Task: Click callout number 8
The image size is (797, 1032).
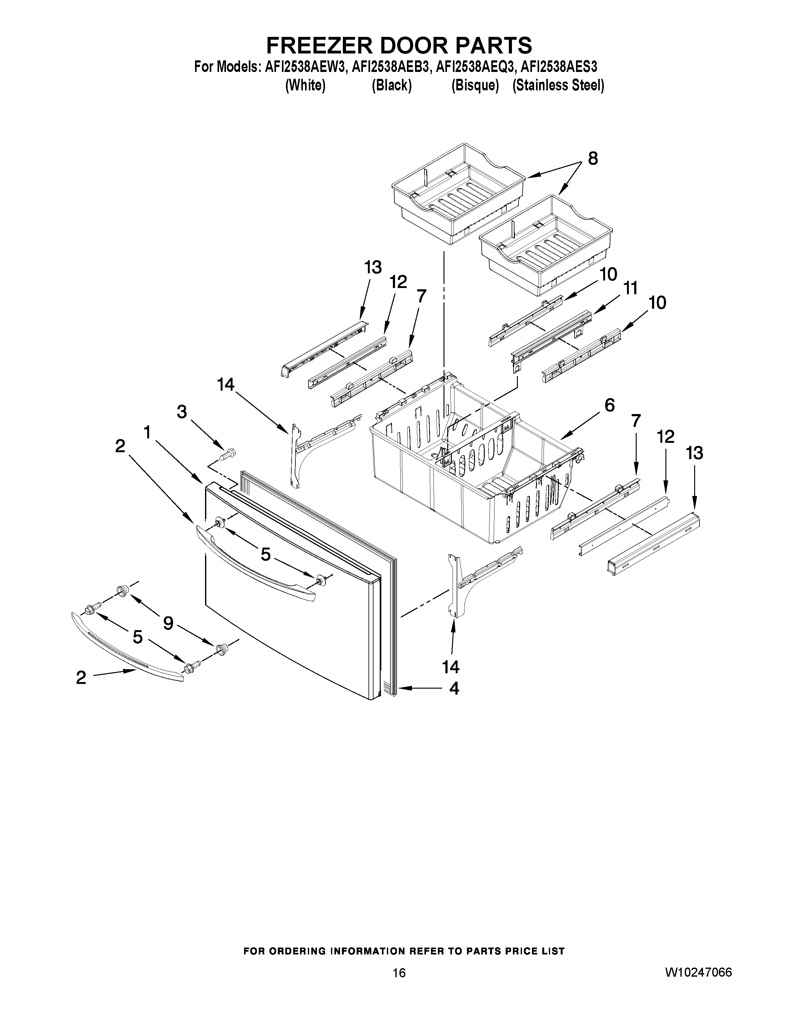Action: point(593,159)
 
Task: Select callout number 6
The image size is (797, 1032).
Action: point(609,405)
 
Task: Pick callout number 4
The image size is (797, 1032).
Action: point(454,689)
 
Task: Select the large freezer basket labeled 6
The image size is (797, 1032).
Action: point(472,473)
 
